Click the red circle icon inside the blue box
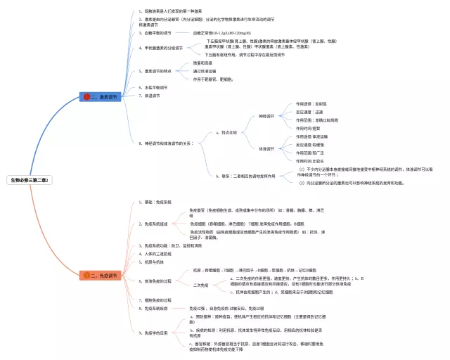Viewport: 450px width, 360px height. (x=87, y=96)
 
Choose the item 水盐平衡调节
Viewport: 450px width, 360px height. (x=155, y=86)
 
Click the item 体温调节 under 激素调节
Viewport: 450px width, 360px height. (x=150, y=95)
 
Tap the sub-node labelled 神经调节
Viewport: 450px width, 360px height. (x=266, y=115)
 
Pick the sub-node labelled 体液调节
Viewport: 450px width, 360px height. (x=266, y=148)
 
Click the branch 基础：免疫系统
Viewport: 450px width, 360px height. (x=156, y=202)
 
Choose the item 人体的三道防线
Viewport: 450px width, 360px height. (x=157, y=253)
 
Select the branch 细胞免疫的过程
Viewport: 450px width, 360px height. (x=157, y=300)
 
